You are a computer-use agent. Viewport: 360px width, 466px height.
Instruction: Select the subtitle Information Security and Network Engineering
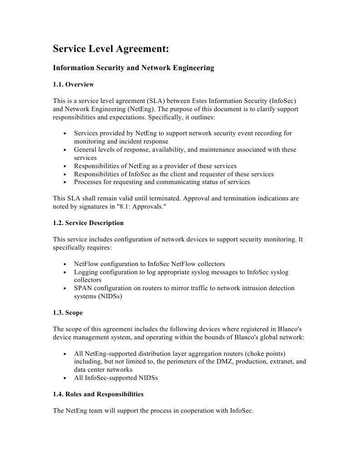133,68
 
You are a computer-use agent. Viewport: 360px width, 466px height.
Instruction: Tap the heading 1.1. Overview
73,84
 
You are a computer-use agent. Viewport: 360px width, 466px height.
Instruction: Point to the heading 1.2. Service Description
88,223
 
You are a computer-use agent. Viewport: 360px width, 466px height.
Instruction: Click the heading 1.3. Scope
68,313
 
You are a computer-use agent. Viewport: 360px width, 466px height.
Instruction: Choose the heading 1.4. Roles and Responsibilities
98,394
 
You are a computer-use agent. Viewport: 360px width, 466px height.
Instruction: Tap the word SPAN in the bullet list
83,288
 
